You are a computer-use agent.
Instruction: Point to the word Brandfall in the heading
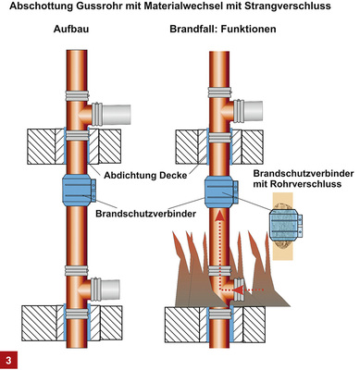tap(197, 33)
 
